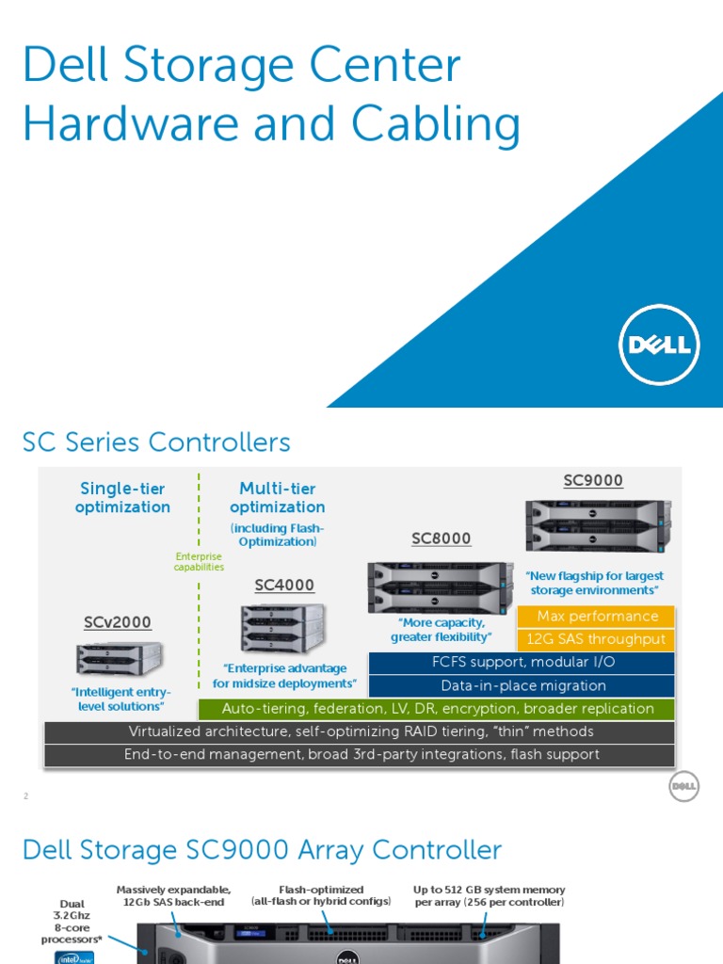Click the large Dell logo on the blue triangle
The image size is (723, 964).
coord(659,345)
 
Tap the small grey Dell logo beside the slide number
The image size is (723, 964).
coord(684,786)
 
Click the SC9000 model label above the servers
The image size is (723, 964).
coord(593,481)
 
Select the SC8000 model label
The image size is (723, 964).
coord(441,538)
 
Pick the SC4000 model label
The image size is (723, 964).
coord(284,586)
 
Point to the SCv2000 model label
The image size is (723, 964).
coord(117,622)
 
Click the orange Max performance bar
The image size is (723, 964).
coord(597,617)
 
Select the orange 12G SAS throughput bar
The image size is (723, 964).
coord(597,639)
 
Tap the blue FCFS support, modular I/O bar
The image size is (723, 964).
coord(522,663)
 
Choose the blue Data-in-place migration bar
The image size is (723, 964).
coord(522,685)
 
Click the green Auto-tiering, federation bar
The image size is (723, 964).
coord(437,709)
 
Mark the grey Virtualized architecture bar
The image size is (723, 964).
coord(361,731)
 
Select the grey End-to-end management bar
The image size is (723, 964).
coord(361,755)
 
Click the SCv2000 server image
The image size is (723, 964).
coord(119,658)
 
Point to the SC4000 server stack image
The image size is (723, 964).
coord(282,628)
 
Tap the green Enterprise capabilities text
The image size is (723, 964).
coord(200,562)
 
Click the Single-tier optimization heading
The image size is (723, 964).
coord(122,497)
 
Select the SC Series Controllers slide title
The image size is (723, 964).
coord(156,442)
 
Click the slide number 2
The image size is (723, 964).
coord(26,796)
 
